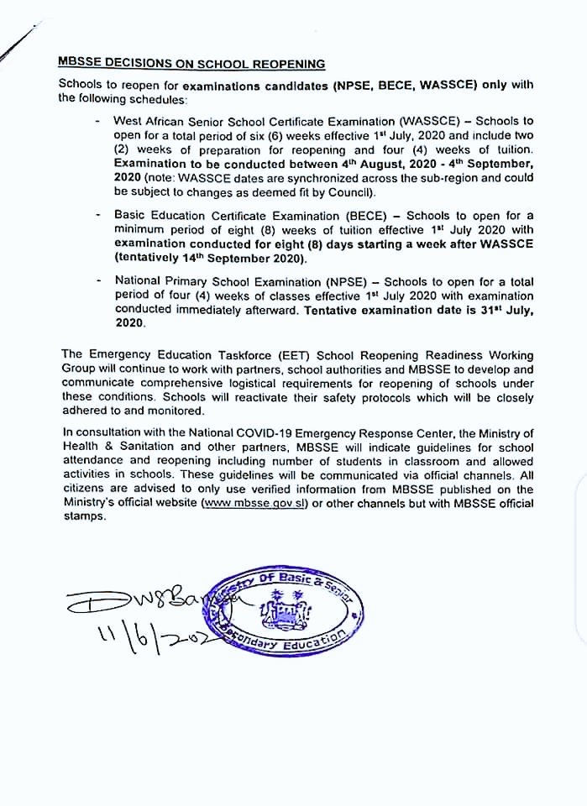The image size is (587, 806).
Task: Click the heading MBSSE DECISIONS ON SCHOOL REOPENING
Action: [x=191, y=64]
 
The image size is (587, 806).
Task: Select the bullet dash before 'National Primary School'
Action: [x=100, y=281]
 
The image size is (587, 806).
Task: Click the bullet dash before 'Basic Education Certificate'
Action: [x=100, y=217]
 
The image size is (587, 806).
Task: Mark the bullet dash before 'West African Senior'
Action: [x=100, y=121]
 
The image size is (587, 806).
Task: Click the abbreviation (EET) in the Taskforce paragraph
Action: [x=252, y=356]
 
